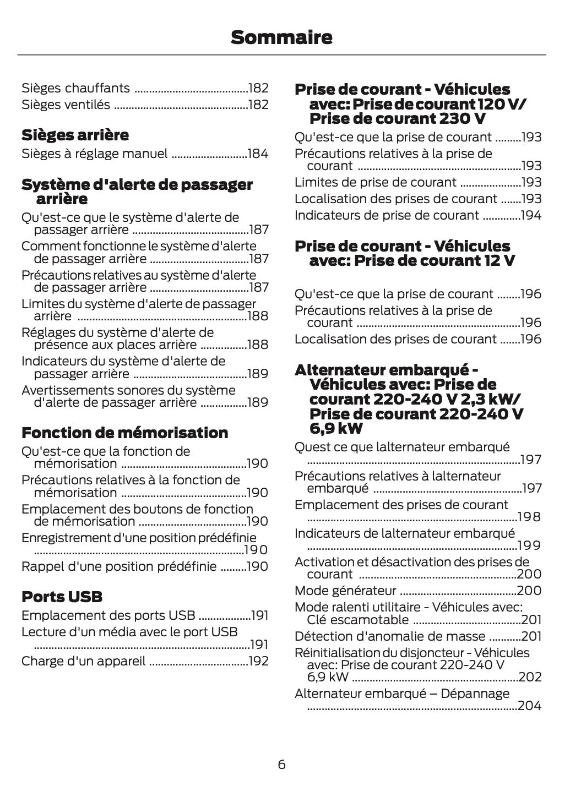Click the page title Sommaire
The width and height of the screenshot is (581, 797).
[281, 37]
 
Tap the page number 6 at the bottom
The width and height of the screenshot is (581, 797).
[281, 764]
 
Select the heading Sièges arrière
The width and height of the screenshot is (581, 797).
[75, 135]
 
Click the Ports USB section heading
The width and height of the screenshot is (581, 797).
[62, 597]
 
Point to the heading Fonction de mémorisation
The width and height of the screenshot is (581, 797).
[124, 433]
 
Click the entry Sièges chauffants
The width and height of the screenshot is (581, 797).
[75, 88]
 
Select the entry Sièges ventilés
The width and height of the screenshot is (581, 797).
[66, 105]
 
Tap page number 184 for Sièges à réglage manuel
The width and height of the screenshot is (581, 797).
[258, 154]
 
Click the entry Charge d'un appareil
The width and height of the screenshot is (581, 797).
[83, 661]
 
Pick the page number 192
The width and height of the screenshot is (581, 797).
[258, 661]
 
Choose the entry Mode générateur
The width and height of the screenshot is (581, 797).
[345, 591]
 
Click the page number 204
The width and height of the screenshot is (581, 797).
[530, 706]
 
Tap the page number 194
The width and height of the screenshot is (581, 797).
[531, 215]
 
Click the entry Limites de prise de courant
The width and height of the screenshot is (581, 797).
[376, 182]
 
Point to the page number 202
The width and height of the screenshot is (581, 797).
[530, 677]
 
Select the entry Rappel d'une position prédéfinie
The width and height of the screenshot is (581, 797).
[119, 566]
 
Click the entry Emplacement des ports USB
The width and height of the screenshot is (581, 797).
[108, 615]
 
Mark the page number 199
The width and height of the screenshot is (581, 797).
[530, 545]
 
